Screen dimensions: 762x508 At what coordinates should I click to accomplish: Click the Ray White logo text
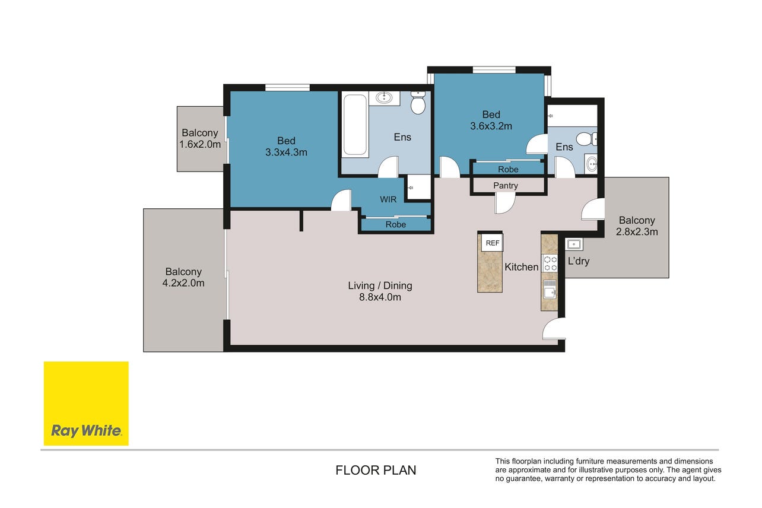coord(86,431)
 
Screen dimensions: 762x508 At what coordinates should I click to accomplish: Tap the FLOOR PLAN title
coord(376,470)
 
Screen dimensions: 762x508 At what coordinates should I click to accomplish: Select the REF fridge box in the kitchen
coord(493,243)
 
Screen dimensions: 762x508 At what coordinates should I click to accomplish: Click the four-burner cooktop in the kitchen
coord(550,263)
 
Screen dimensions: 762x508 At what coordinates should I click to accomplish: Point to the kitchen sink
coord(550,289)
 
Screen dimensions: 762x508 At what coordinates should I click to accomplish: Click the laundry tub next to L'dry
coord(574,245)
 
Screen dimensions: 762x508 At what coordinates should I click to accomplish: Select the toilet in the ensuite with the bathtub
coord(418,103)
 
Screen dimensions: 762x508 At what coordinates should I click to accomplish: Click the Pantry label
coord(506,185)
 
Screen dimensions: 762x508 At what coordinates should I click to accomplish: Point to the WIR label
coord(388,199)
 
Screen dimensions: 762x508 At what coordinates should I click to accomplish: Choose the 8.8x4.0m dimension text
coord(380,297)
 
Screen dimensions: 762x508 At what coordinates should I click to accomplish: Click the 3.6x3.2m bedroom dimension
coord(491,126)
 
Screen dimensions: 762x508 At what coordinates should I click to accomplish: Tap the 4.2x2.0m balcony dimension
coord(183,283)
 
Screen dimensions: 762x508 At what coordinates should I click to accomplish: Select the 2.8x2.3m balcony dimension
coord(637,231)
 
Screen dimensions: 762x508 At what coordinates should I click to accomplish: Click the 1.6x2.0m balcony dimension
coord(200,144)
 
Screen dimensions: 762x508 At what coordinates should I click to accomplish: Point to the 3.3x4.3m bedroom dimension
coord(286,152)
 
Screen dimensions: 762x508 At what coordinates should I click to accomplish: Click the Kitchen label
coord(521,267)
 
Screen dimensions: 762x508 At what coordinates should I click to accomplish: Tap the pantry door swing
coord(505,203)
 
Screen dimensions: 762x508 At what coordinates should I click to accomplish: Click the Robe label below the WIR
coord(396,224)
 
